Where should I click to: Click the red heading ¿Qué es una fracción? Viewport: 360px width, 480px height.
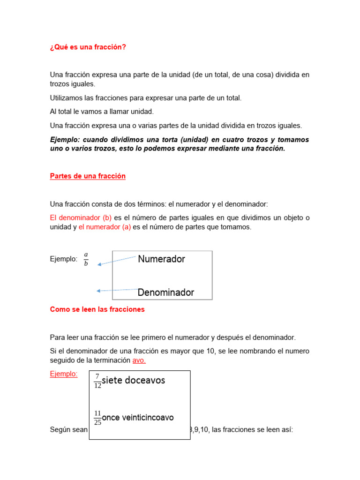click(x=88, y=47)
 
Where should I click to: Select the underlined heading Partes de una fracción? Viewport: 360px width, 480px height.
click(x=88, y=176)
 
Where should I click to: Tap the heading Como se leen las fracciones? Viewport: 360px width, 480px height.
click(x=97, y=309)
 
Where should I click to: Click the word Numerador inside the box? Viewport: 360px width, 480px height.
click(x=161, y=259)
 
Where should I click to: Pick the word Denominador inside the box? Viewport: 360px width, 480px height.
click(x=165, y=292)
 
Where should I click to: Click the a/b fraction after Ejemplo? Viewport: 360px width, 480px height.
click(x=86, y=259)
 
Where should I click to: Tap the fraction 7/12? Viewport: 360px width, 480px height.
click(x=97, y=381)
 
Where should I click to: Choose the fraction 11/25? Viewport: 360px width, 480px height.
click(x=97, y=417)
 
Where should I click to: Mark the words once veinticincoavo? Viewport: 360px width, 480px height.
click(x=138, y=417)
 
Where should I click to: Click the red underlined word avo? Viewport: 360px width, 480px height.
click(x=139, y=360)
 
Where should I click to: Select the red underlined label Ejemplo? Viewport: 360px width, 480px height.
click(x=64, y=374)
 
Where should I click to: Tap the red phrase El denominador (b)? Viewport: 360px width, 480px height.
click(x=81, y=218)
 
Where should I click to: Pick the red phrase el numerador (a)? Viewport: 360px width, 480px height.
click(x=105, y=227)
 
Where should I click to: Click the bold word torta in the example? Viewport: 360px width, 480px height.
click(x=166, y=140)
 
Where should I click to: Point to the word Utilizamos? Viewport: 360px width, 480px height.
click(x=67, y=98)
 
